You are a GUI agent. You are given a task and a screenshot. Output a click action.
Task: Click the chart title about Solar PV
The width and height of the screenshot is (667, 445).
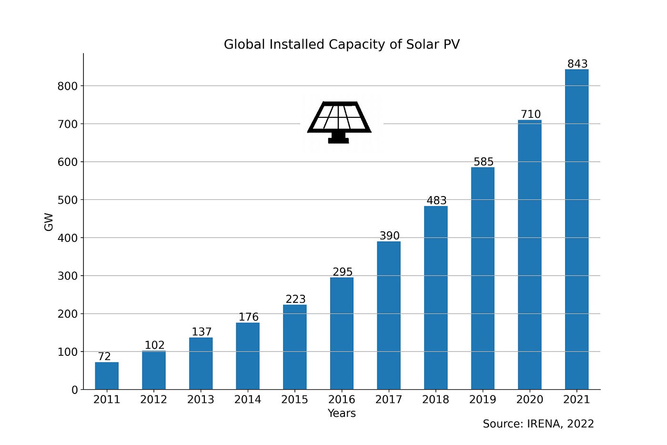pos(342,44)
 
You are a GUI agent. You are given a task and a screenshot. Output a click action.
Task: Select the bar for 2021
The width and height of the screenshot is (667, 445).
pos(576,229)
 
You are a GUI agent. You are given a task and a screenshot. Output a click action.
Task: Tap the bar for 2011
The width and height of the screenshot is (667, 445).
pos(107,376)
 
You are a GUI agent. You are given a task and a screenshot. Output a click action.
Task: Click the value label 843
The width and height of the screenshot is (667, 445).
pos(577,64)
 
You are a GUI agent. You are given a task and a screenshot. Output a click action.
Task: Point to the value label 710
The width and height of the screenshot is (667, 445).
pos(530,114)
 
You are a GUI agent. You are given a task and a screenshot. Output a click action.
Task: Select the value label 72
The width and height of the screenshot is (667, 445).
pos(104,357)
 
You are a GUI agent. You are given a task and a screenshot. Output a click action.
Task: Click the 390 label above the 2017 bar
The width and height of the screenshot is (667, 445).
pos(389,236)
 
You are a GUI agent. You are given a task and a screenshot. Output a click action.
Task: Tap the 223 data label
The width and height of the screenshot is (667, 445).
pos(295,299)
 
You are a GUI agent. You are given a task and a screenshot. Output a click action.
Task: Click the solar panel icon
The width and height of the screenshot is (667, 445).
pos(339,122)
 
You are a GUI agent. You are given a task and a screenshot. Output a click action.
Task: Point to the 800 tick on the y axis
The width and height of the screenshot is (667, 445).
pos(67,86)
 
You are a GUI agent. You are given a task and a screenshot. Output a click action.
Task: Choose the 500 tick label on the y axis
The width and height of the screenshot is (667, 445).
pos(67,200)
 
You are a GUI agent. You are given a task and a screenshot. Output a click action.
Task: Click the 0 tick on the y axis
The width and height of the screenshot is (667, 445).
pos(74,390)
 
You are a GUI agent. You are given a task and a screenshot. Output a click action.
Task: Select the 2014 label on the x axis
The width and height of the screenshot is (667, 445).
pos(248,400)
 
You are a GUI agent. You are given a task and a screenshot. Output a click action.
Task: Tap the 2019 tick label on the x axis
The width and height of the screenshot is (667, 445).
pos(483,400)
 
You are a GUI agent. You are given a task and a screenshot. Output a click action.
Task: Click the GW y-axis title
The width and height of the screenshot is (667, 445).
pos(49,222)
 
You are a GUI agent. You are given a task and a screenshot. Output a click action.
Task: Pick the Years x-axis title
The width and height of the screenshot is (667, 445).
pos(342,414)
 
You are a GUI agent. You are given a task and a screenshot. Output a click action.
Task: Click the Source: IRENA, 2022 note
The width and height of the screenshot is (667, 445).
pos(538,424)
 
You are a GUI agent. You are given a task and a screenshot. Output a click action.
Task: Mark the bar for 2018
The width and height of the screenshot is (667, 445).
pos(435,298)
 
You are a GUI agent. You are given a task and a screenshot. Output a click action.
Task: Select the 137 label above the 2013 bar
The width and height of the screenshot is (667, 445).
pos(202,332)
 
